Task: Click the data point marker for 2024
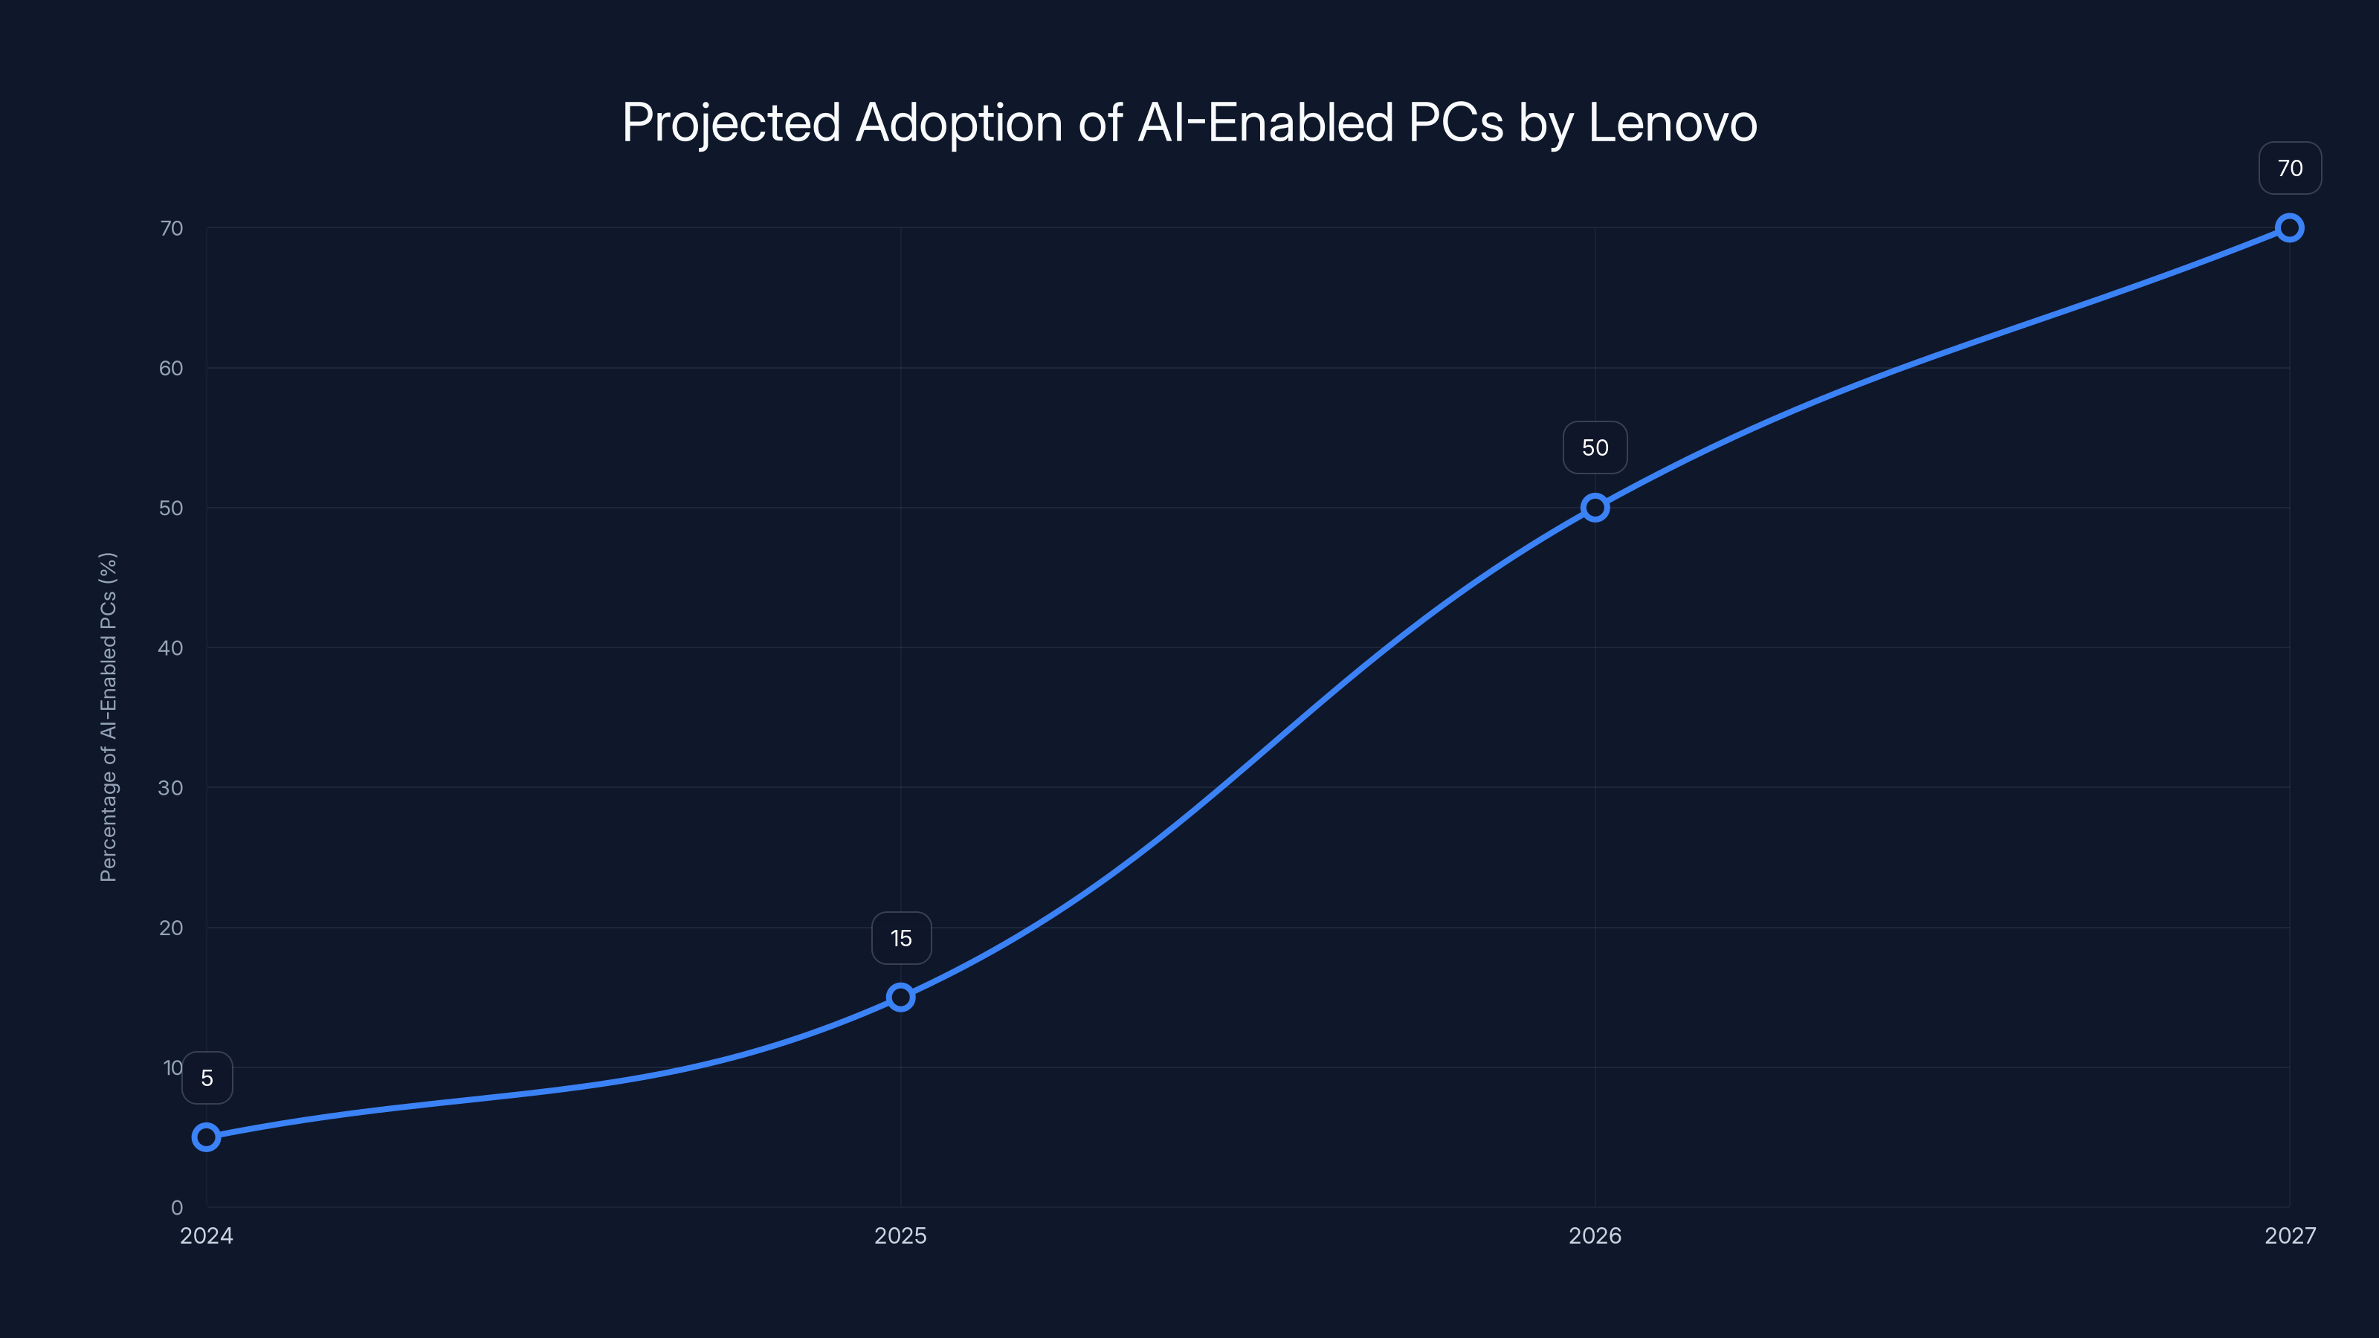[206, 1137]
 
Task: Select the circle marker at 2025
[900, 996]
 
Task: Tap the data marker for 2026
[1595, 507]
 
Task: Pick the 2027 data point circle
[2290, 227]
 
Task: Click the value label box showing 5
[207, 1078]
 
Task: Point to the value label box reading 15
[900, 938]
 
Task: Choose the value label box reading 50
[1595, 447]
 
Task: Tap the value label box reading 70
[2290, 168]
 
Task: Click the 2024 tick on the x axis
[206, 1235]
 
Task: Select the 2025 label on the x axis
[900, 1235]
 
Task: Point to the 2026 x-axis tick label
[1595, 1235]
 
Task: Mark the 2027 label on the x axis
[2290, 1235]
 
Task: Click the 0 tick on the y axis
[176, 1207]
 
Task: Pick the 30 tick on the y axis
[171, 788]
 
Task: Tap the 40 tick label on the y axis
[171, 647]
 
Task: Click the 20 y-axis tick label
[171, 927]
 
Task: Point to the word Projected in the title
[731, 123]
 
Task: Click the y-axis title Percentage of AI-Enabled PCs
[108, 717]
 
